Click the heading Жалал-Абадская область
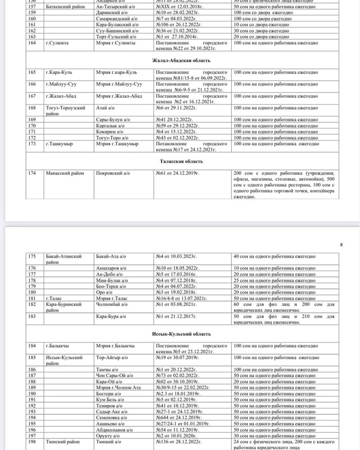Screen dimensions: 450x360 [180, 75]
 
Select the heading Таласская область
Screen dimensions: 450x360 [180, 161]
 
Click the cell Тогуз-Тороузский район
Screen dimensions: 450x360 [62, 110]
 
